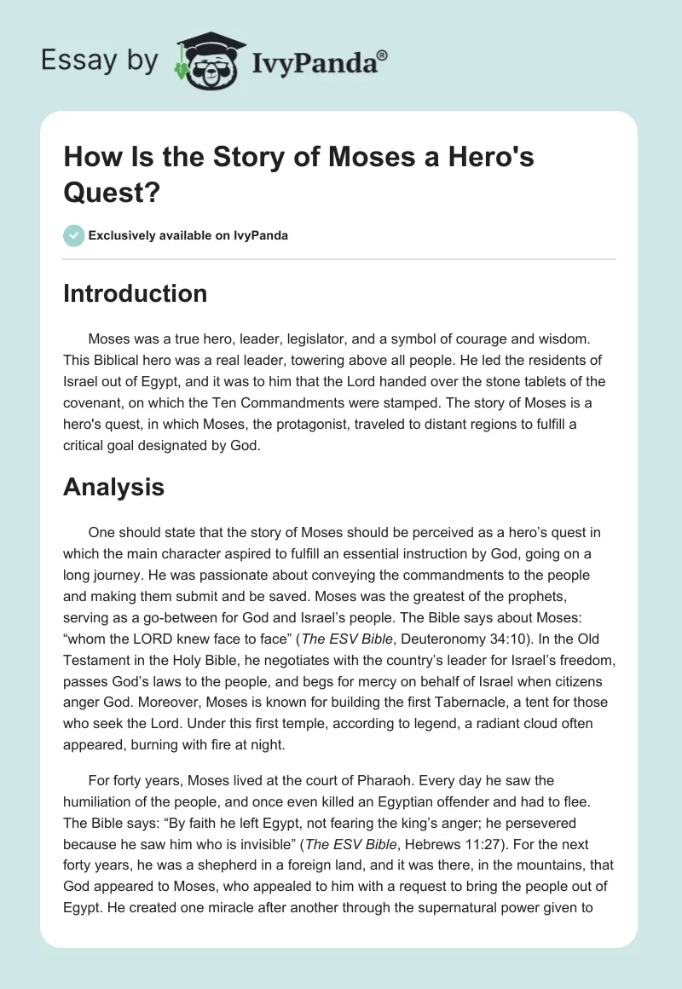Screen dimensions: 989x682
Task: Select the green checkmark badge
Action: (74, 235)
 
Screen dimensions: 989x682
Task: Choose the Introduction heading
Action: (136, 293)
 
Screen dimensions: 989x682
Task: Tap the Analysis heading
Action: (113, 487)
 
